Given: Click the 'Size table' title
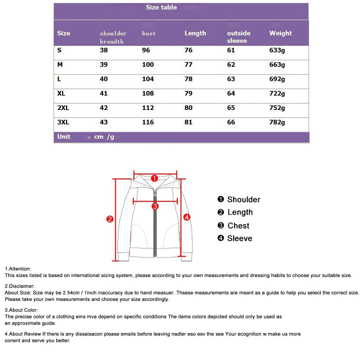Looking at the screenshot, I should pos(161,7).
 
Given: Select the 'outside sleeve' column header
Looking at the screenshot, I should pos(238,37).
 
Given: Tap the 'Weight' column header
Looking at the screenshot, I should pos(280,33).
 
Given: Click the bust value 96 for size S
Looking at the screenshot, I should pos(146,50).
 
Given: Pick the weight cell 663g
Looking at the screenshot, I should pos(277,64).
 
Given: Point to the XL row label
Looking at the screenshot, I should pos(61,93).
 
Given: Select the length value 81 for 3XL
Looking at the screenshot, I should pos(189,122).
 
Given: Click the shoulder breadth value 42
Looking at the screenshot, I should pos(104,108).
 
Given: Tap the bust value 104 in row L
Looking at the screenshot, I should pos(148,79).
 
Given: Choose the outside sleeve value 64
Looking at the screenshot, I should pos(231,93).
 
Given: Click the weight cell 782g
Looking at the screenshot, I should pos(277,122).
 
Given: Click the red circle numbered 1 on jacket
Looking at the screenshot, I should pos(154,178).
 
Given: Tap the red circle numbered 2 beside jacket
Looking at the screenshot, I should pos(110,219).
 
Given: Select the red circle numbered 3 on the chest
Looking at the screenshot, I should pos(155,206).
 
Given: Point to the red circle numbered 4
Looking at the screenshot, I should pos(187,217).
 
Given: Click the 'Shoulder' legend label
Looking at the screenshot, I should pos(243,200).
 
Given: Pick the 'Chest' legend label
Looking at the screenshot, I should pos(238,226).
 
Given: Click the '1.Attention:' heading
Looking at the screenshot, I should pos(18,269).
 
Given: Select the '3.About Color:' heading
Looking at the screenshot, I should pos(21,310).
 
